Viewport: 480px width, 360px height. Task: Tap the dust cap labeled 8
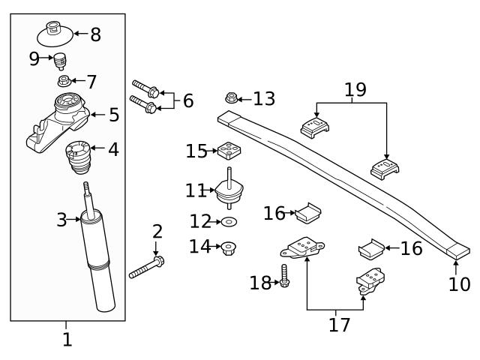pyautogui.click(x=54, y=34)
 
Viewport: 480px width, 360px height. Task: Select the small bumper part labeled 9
pyautogui.click(x=60, y=60)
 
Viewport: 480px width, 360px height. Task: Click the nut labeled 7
pyautogui.click(x=64, y=81)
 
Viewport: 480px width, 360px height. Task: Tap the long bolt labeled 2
pyautogui.click(x=147, y=267)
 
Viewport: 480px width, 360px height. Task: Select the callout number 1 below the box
pyautogui.click(x=67, y=340)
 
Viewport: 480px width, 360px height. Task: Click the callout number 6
pyautogui.click(x=187, y=100)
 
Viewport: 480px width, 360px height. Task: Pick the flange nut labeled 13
pyautogui.click(x=232, y=97)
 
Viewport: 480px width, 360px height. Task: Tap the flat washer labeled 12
pyautogui.click(x=227, y=222)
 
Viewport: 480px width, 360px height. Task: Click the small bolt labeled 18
pyautogui.click(x=284, y=277)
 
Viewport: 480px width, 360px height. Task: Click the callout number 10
pyautogui.click(x=459, y=284)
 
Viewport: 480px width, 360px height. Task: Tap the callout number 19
pyautogui.click(x=355, y=91)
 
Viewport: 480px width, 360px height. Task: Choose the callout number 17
pyautogui.click(x=339, y=324)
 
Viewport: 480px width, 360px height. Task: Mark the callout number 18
pyautogui.click(x=260, y=283)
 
